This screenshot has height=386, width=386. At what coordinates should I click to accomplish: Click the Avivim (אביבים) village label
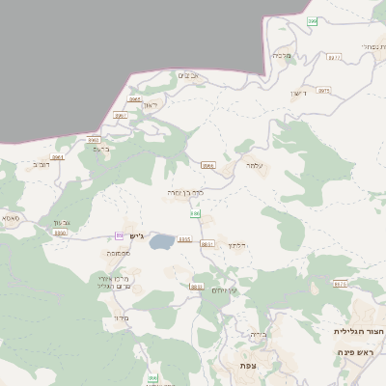point(188,75)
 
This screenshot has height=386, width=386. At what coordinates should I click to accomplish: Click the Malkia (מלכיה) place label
point(281,56)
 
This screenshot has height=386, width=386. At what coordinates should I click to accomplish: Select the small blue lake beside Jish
point(161,240)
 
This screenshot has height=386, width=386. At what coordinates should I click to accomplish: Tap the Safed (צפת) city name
point(248,367)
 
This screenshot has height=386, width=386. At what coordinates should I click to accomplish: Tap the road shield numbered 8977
point(334,58)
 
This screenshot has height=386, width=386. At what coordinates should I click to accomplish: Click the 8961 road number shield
point(58,156)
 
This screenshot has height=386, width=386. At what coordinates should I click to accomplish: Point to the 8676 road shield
point(339,284)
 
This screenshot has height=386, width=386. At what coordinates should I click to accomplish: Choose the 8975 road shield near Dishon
point(323,90)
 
